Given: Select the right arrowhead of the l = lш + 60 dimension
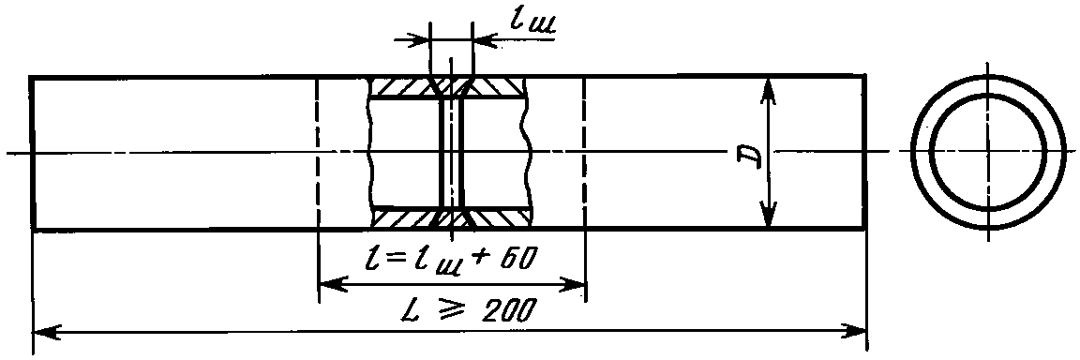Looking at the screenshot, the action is (571, 283).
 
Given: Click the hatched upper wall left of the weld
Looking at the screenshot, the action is (403, 87).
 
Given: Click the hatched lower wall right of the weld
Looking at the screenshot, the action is (500, 217).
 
